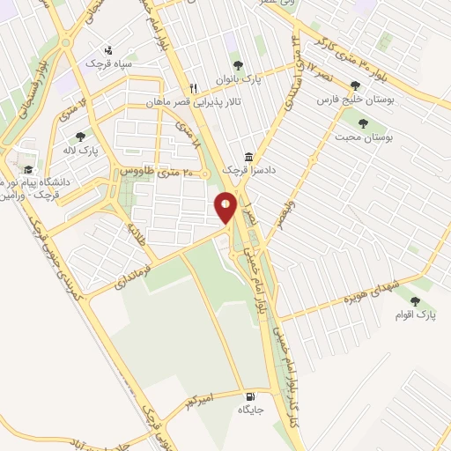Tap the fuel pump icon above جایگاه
pyautogui.click(x=253, y=396)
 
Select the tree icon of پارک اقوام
pyautogui.click(x=415, y=301)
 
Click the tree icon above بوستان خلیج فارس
pyautogui.click(x=355, y=86)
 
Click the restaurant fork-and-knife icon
pyautogui.click(x=194, y=87)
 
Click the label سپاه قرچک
pyautogui.click(x=107, y=63)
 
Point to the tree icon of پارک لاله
pyautogui.click(x=80, y=137)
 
